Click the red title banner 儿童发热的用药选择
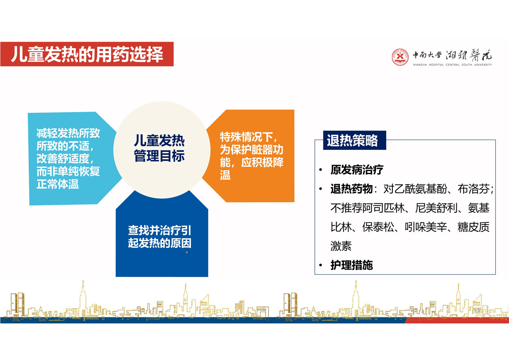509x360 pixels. tap(87, 54)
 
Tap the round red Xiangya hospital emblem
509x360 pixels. tap(400, 57)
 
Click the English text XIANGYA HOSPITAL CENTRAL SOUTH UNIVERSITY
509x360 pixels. tap(453, 65)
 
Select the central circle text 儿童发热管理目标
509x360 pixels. tap(159, 148)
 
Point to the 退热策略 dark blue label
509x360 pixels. tap(355, 140)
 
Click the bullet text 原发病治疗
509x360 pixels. tap(357, 170)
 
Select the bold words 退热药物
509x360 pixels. tap(351, 189)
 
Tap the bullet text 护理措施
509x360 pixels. tap(352, 265)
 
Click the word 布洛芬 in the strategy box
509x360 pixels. tap(473, 189)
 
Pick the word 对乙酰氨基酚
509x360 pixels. tap(415, 189)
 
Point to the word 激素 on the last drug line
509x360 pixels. tap(341, 246)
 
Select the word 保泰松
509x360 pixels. tap(378, 227)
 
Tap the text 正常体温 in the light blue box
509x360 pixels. tap(58, 184)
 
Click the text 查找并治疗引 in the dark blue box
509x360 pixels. tap(159, 230)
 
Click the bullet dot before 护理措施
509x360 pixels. tap(321, 265)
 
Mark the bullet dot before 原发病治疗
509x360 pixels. tap(321, 170)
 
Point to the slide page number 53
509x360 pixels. tap(476, 310)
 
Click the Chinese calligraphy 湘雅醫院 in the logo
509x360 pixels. tap(469, 55)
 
